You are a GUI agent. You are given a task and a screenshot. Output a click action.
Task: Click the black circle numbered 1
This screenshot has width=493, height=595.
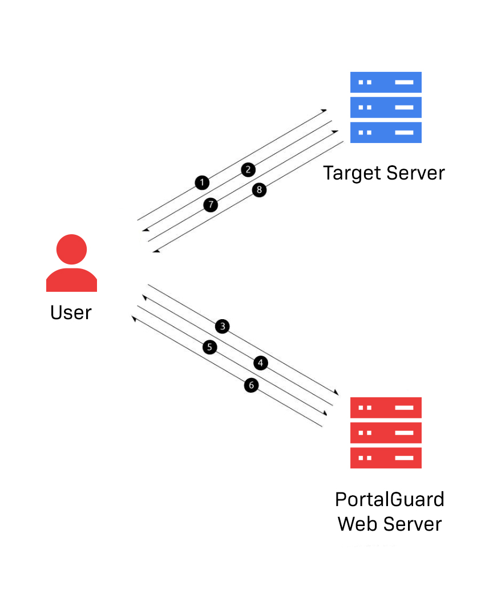[x=201, y=182]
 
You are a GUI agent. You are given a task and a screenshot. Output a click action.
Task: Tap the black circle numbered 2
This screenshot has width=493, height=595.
[x=248, y=169]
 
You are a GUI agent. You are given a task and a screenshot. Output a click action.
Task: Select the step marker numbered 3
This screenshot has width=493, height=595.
[x=223, y=327]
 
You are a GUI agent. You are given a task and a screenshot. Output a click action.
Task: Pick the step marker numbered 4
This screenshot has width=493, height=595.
[x=260, y=363]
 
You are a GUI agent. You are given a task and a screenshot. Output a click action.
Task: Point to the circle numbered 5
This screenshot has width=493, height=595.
[x=210, y=347]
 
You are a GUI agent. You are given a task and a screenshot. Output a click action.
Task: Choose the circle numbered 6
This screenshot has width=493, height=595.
[x=250, y=385]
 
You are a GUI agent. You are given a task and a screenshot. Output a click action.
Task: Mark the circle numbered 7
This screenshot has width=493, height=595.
[x=211, y=205]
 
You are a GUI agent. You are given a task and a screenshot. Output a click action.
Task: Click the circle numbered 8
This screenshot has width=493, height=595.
[x=259, y=190]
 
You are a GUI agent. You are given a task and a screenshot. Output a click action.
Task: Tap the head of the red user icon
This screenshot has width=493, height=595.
[x=71, y=249]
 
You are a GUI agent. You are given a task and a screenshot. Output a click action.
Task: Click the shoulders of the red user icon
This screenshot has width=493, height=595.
[x=71, y=280]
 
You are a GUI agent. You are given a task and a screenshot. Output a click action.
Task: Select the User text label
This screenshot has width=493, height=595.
[x=71, y=312]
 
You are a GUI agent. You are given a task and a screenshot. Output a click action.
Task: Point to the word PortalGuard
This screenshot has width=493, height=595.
[x=389, y=499]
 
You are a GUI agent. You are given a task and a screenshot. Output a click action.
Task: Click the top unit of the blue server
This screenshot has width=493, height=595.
[x=386, y=82]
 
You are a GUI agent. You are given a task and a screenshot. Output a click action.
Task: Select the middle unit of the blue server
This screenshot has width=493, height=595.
[x=386, y=107]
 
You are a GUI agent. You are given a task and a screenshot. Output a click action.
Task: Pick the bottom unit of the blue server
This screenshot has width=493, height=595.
[x=386, y=132]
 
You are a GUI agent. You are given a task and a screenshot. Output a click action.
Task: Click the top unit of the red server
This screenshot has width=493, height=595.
[x=386, y=407]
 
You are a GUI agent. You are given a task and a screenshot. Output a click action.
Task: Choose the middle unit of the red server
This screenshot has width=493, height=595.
[x=386, y=433]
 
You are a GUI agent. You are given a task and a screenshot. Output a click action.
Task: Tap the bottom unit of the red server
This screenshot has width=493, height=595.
[x=386, y=458]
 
